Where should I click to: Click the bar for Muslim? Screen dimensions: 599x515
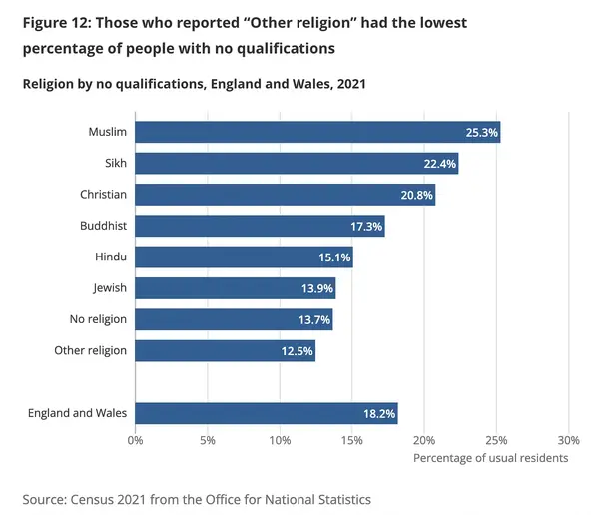317,132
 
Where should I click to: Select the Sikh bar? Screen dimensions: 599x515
297,163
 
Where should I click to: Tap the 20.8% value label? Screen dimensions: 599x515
416,195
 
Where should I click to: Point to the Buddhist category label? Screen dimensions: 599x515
103,226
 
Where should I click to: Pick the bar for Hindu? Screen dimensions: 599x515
245,257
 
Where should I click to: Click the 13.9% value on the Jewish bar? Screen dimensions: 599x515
317,288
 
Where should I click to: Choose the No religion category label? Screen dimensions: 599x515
98,319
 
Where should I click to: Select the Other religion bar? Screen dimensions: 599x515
226,351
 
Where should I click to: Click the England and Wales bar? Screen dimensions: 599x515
267,413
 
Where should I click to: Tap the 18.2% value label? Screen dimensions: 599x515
379,414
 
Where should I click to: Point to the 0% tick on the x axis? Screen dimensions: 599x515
135,440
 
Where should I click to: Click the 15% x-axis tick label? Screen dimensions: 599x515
351,440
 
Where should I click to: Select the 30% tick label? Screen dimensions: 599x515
568,440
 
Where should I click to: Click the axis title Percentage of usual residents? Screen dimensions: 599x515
491,458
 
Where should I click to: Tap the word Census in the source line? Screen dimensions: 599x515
92,500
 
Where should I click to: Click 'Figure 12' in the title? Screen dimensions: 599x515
56,23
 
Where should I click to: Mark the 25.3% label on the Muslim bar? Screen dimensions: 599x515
482,132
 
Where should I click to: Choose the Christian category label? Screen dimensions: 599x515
103,194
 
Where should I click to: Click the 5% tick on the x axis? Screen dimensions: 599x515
208,440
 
